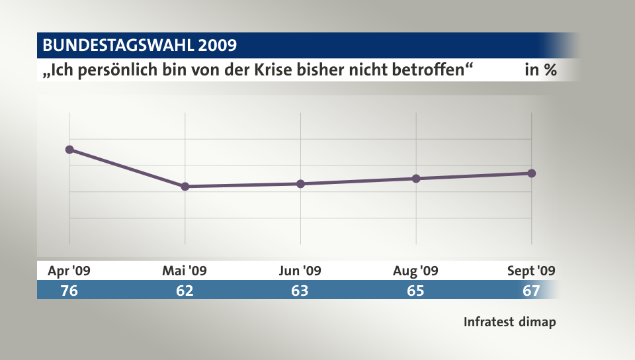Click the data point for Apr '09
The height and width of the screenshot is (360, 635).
pyautogui.click(x=69, y=150)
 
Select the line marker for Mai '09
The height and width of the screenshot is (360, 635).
pyautogui.click(x=185, y=187)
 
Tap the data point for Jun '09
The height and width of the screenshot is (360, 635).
pyautogui.click(x=300, y=184)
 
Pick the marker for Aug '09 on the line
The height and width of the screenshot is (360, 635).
pyautogui.click(x=416, y=179)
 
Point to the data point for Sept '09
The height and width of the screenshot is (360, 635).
pyautogui.click(x=532, y=173)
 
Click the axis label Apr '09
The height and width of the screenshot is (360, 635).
pyautogui.click(x=69, y=271)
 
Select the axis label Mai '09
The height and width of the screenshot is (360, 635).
pyautogui.click(x=185, y=271)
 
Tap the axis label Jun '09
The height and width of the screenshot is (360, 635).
pyautogui.click(x=300, y=271)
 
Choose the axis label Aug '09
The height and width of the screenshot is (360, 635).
pyautogui.click(x=416, y=271)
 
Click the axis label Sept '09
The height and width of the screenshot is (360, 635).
pyautogui.click(x=531, y=271)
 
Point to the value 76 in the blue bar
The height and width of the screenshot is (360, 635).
pyautogui.click(x=69, y=291)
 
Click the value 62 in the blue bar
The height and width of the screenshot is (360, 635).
pyautogui.click(x=185, y=291)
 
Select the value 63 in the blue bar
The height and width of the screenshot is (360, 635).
pyautogui.click(x=300, y=291)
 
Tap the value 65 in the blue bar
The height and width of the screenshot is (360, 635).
pyautogui.click(x=416, y=291)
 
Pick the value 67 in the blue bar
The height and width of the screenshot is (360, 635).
pyautogui.click(x=531, y=291)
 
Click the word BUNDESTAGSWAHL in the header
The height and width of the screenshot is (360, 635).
pyautogui.click(x=117, y=46)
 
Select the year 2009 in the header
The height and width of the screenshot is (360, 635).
pyautogui.click(x=216, y=46)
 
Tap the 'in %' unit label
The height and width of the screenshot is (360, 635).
pyautogui.click(x=540, y=70)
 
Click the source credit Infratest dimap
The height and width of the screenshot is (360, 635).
pyautogui.click(x=509, y=322)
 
